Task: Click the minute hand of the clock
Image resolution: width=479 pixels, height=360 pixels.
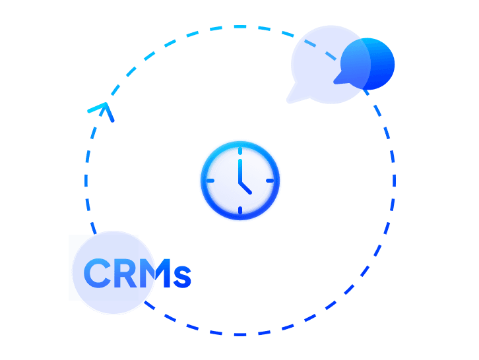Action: click(240, 169)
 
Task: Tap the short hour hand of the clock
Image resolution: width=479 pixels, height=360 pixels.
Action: click(245, 187)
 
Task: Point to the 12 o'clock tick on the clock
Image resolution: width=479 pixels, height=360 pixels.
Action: click(240, 152)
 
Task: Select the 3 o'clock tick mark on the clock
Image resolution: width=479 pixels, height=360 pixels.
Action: click(269, 181)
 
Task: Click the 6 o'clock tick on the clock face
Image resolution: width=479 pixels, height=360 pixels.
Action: click(240, 210)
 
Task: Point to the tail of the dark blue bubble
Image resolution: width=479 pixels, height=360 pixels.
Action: click(337, 80)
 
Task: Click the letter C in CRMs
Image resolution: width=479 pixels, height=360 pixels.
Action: click(98, 274)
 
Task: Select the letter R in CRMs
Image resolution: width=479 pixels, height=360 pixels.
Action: click(125, 274)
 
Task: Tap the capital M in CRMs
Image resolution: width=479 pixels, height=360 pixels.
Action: click(154, 274)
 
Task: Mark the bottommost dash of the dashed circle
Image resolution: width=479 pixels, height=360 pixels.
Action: click(240, 334)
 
